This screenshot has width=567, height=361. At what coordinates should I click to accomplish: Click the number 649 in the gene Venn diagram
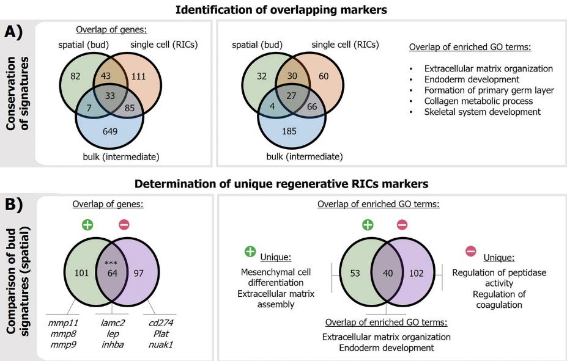click(110, 130)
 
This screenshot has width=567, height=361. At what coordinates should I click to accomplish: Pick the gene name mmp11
click(63, 322)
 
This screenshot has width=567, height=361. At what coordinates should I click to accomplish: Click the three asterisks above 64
click(111, 263)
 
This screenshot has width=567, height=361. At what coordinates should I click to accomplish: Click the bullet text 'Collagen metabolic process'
click(478, 101)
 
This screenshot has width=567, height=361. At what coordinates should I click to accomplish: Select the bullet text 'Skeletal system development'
click(483, 112)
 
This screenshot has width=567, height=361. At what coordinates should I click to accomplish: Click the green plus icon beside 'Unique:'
click(250, 251)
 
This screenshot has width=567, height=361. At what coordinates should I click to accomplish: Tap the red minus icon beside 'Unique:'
click(471, 251)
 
